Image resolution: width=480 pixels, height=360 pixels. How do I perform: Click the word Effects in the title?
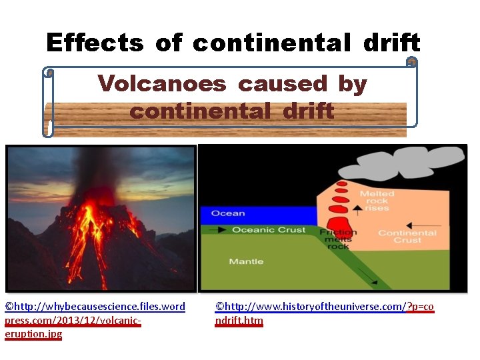[x=95, y=43]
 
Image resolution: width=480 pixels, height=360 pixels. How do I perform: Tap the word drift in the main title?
[x=391, y=43]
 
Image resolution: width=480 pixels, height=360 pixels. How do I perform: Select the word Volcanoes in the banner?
[x=163, y=83]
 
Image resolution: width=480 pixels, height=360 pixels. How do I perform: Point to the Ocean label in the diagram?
[x=228, y=213]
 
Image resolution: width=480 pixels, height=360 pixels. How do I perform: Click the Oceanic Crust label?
[x=269, y=230]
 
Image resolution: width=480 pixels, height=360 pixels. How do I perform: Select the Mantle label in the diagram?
[x=246, y=261]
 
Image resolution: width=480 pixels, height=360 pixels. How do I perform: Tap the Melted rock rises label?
[x=377, y=200]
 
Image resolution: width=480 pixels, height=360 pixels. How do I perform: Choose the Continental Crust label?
[x=407, y=236]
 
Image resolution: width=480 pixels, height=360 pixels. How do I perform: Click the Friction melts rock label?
[x=338, y=239]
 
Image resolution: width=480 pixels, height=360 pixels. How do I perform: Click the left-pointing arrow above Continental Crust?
[x=427, y=225]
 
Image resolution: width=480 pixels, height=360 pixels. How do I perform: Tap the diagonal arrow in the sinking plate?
[x=365, y=274]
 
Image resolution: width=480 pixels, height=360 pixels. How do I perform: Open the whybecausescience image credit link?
[x=95, y=320]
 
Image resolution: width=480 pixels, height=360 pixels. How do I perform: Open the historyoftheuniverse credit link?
[x=324, y=313]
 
